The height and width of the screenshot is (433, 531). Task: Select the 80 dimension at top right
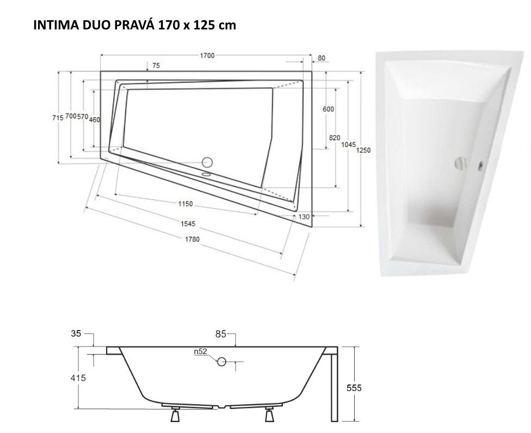pos(321,58)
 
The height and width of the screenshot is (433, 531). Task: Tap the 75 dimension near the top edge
pos(156,65)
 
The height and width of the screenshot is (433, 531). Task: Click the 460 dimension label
pos(95,120)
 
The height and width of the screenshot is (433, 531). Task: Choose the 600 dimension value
pos(328,109)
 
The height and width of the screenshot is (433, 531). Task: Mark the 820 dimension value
pos(335,138)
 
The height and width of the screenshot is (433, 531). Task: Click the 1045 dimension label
pos(349,144)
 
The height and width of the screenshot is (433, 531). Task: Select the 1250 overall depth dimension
pos(363,150)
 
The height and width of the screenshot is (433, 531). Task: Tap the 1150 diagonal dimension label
pos(186,204)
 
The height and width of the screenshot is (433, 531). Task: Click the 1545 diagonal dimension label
pos(188,223)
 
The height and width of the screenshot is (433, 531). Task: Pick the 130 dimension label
pos(304,217)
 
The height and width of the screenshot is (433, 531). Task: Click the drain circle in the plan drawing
pos(207,162)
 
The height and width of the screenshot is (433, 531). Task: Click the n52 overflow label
pos(200,352)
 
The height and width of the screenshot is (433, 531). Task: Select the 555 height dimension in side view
pos(354,388)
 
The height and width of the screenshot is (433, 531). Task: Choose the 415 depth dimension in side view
pos(78,377)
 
